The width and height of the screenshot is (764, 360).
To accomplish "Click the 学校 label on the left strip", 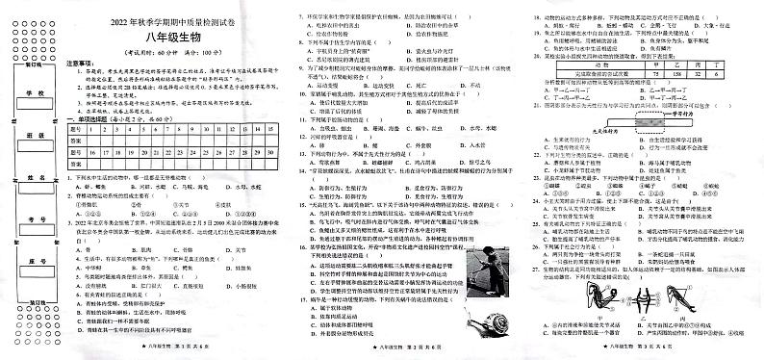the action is point(36,93).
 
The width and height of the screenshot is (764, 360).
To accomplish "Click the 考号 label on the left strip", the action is point(36,220).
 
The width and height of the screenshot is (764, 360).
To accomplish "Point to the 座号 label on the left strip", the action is point(36,262).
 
